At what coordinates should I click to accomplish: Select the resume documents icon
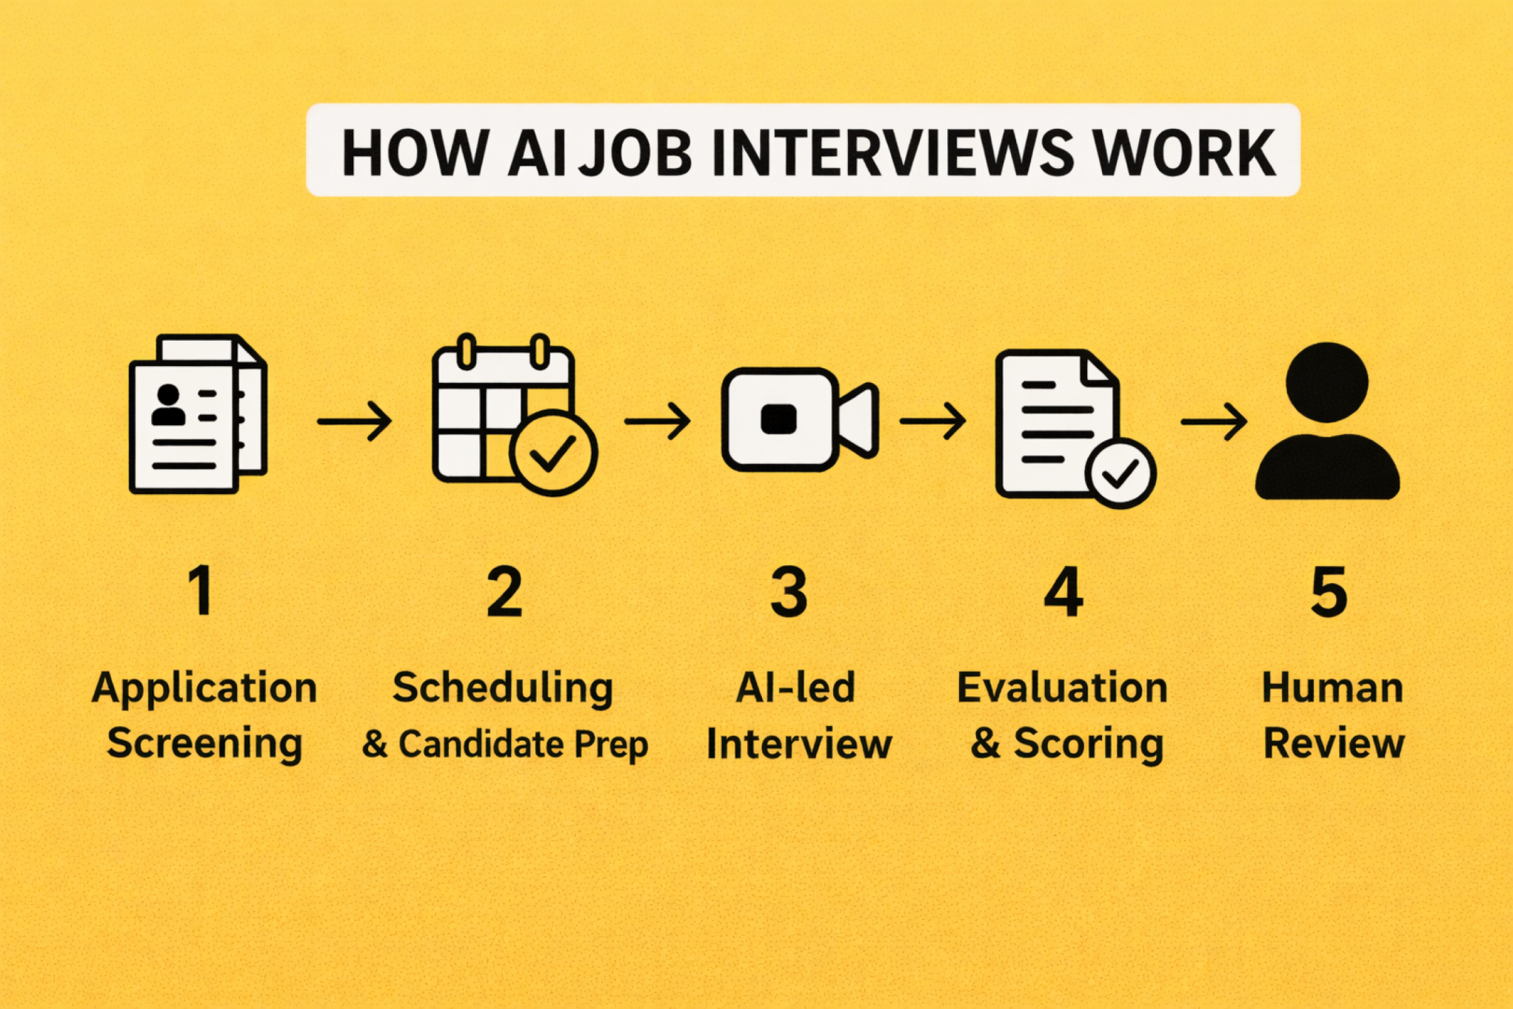[197, 415]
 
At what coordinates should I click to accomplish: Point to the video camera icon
[799, 419]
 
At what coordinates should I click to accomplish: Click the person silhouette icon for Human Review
[1327, 421]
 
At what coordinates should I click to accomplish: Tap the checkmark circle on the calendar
[552, 452]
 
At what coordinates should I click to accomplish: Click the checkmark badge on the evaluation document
[1120, 473]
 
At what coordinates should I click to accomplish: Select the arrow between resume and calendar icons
[354, 421]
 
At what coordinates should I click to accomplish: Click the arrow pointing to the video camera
[658, 421]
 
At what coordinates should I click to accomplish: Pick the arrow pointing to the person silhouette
[1213, 421]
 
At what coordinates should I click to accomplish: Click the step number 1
[201, 590]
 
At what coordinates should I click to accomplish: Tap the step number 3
[789, 592]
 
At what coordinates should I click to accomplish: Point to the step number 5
[1329, 592]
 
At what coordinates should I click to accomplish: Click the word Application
[204, 688]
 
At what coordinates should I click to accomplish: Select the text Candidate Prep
[523, 744]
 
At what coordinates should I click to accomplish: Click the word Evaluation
[1062, 687]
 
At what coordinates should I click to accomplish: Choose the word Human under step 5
[1332, 687]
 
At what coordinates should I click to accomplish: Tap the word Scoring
[1089, 744]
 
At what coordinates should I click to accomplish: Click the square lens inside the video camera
[778, 419]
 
